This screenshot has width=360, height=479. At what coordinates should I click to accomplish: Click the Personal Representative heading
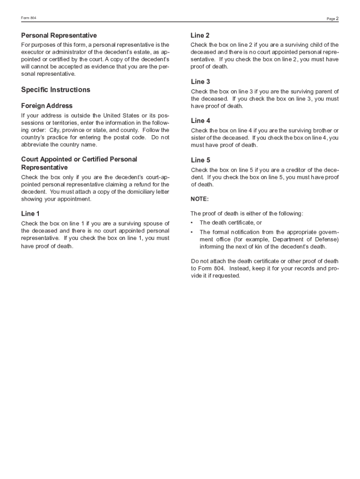coord(59,36)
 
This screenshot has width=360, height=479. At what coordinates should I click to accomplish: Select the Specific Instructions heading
coord(56,90)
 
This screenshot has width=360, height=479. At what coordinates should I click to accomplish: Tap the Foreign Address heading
coord(47,106)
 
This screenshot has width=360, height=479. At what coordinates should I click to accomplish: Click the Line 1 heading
coord(30,214)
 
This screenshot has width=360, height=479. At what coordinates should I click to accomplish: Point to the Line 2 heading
coord(200,36)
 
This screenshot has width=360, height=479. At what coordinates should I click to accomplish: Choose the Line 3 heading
coord(200,82)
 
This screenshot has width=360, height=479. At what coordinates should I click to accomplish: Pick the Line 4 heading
coord(201,121)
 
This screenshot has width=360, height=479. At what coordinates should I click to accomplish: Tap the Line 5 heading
coord(201,160)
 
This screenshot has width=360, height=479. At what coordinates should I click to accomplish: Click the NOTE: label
coord(200,199)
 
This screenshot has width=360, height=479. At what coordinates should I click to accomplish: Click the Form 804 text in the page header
coord(29,18)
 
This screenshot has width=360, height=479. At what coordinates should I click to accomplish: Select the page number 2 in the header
coord(337,18)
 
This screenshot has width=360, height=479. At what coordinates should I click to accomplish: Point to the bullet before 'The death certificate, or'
coord(192,223)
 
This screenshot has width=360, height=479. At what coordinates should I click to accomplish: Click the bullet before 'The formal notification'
coord(192,232)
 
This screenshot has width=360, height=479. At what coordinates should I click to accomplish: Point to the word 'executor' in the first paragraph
coord(32,52)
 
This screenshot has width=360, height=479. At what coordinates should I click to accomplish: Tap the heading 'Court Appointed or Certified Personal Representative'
coord(79,163)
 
